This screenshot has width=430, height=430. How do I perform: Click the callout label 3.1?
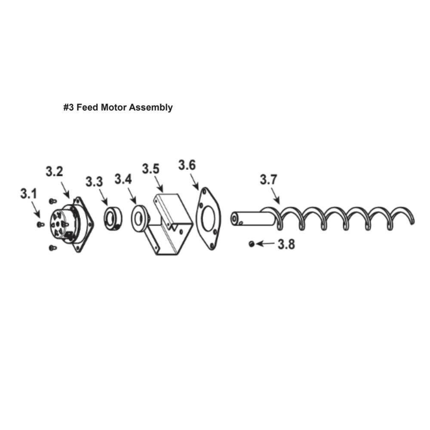point(28,193)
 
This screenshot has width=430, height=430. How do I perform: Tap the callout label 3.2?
point(54,172)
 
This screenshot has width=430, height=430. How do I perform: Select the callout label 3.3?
point(94,181)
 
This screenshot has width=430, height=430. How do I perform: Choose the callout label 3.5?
point(150,169)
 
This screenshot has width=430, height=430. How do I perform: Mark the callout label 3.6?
point(187,165)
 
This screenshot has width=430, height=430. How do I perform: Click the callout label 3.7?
point(268,180)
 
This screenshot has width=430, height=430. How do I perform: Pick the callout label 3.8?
point(286,244)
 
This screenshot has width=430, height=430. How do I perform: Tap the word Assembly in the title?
point(150,108)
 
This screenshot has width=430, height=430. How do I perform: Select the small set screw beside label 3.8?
point(252,244)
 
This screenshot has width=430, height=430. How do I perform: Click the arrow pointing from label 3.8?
point(265,243)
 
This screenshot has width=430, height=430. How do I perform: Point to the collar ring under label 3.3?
point(113,218)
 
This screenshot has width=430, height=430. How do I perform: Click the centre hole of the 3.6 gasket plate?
point(208,218)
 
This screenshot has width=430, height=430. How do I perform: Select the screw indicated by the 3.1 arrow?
point(40,224)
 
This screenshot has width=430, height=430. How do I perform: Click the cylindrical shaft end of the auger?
point(252,218)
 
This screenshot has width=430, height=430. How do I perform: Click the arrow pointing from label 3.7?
point(276,196)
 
